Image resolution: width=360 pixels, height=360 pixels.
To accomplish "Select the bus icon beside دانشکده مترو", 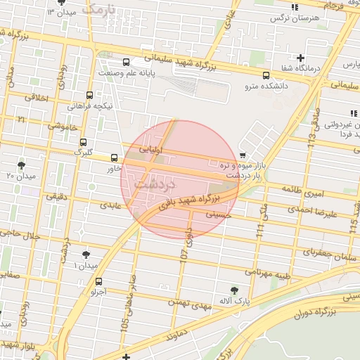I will point(266,76).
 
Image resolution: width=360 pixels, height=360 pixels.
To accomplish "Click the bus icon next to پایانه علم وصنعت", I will point(126,62).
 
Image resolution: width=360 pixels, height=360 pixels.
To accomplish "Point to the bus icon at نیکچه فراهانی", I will point(89,95).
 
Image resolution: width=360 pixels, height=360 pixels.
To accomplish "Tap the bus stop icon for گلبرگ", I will point(84,141).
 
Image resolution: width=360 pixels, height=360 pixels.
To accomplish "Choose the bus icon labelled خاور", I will point(115,157).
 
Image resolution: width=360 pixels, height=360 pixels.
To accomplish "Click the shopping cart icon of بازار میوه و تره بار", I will point(243,155).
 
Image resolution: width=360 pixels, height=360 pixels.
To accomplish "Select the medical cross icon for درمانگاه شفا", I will point(301,58).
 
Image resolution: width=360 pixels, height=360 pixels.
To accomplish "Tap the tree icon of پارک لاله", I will point(234,290).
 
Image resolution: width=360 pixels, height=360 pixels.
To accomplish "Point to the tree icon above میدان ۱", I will point(86,255).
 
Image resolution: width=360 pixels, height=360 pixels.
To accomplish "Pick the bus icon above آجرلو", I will point(98,282).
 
